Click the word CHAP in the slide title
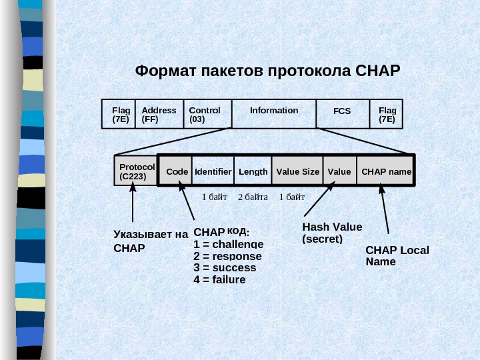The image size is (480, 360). coord(377,70)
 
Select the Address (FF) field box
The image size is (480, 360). coord(159,115)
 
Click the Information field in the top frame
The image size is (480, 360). coord(274,113)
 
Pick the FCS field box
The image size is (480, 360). coord(342,114)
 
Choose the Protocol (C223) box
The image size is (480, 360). coord(136,171)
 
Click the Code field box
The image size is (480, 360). coord(177,171)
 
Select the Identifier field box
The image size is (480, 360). coord(213,171)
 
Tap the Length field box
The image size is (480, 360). coord(253,171)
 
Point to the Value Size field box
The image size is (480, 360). coord(297,171)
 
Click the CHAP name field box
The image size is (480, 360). coord(386,171)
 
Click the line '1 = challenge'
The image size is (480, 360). coord(228,244)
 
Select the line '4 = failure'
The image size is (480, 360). coord(219,279)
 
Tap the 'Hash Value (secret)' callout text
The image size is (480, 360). coord(331,233)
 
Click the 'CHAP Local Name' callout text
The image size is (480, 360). coord(397,255)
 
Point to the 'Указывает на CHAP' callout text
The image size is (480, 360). coord(150,241)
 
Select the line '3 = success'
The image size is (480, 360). coord(225,267)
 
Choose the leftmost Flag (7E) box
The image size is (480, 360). coord(121,115)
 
